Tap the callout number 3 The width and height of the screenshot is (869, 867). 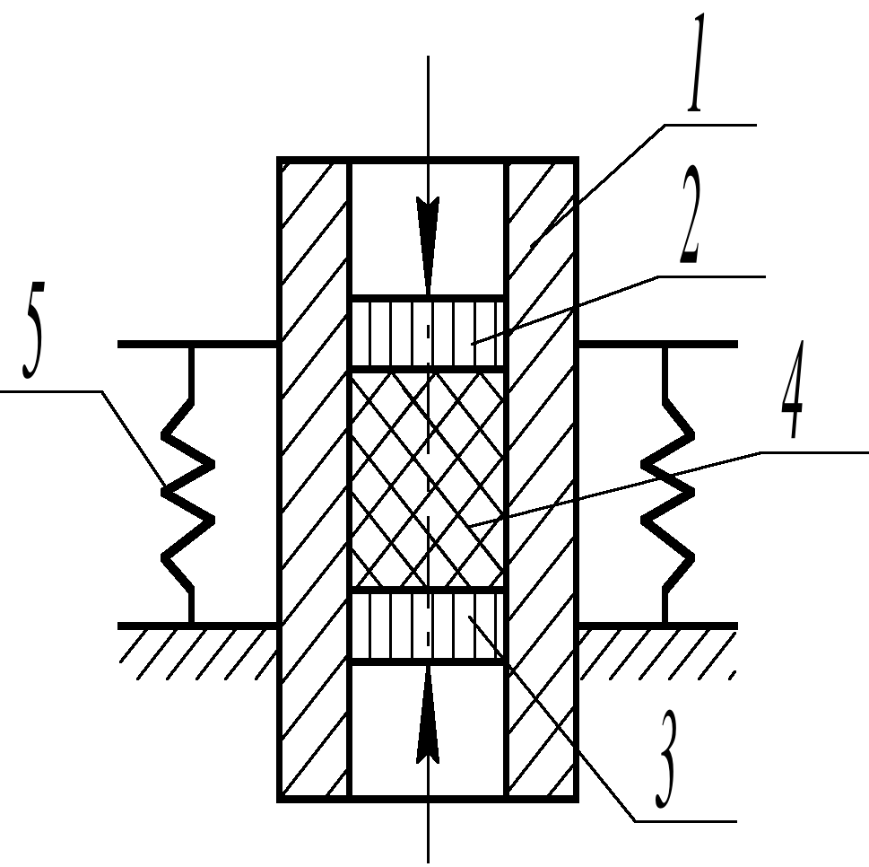click(x=666, y=759)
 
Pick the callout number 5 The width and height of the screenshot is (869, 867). click(x=33, y=330)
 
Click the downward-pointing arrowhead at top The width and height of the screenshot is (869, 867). click(x=428, y=245)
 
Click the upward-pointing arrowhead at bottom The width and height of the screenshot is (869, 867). click(x=428, y=715)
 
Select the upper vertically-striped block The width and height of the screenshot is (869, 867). click(x=428, y=333)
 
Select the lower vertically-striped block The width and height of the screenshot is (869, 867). click(x=428, y=626)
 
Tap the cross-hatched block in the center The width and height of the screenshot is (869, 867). click(x=428, y=480)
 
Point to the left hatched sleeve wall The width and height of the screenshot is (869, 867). click(x=314, y=480)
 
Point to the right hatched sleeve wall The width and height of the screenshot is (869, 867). click(x=542, y=480)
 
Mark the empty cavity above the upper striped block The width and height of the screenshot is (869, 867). click(x=428, y=229)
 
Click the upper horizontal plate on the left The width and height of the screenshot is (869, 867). click(x=197, y=345)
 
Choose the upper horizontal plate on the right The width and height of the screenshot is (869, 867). click(x=658, y=345)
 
